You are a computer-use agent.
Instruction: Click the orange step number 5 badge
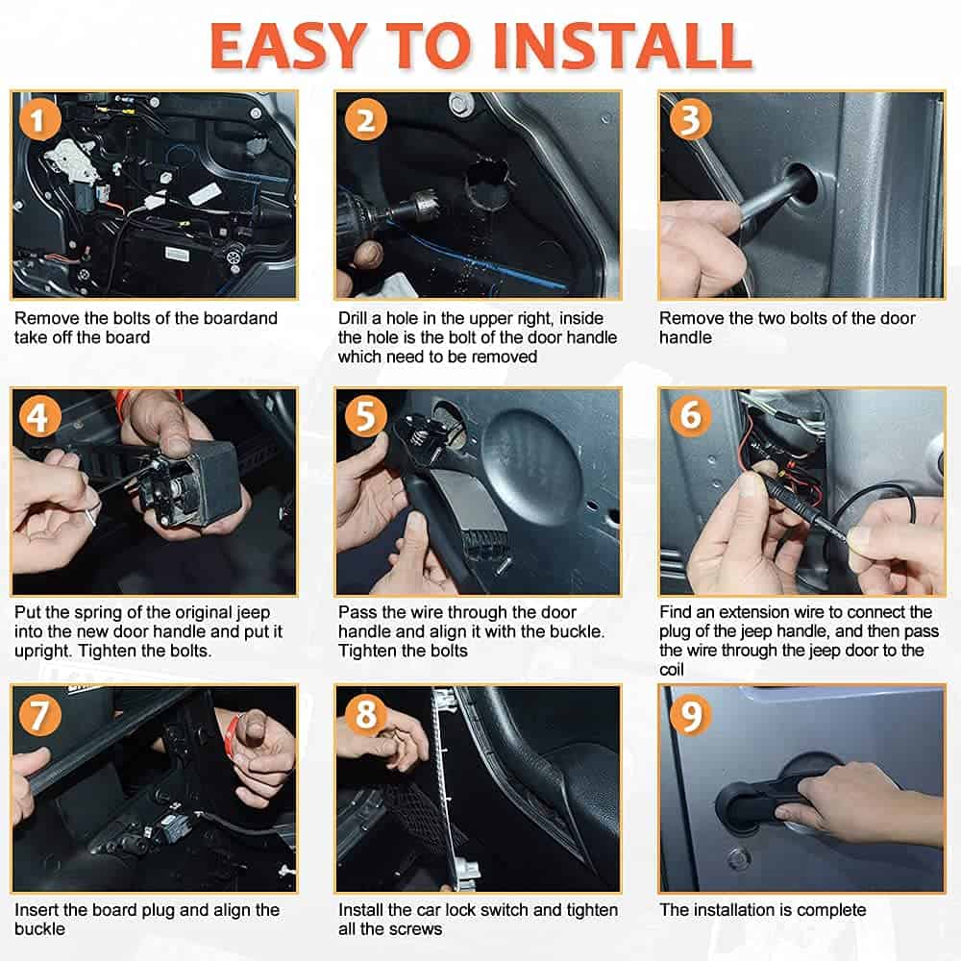point(366,416)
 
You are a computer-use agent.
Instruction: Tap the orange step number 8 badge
point(366,713)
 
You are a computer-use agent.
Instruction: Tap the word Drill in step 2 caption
point(355,318)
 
